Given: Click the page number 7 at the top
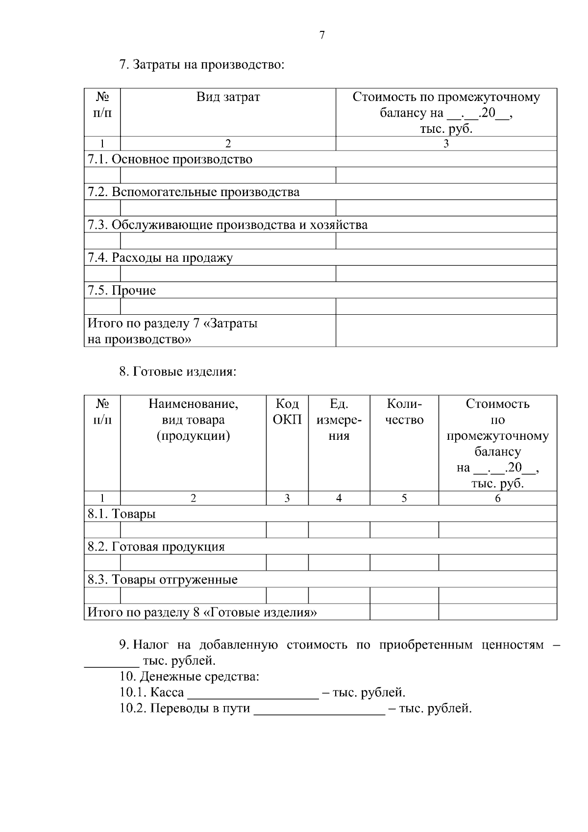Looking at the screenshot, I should click(322, 35).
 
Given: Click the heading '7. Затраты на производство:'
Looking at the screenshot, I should click(202, 65).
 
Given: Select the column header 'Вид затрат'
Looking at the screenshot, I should click(228, 97).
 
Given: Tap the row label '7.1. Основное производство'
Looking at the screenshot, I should click(170, 159).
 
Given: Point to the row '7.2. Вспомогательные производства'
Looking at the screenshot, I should click(193, 192).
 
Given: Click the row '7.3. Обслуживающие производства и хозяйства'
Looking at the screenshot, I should click(227, 225).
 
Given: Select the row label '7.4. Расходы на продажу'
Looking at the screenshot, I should click(160, 258).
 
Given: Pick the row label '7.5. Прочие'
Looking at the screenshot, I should click(122, 291).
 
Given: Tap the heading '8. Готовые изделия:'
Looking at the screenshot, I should click(178, 372).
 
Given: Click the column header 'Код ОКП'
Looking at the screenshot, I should click(287, 412).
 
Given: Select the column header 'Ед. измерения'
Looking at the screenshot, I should click(339, 420).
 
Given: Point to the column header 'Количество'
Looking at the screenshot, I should click(404, 412).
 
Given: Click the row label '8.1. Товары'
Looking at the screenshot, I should click(122, 514).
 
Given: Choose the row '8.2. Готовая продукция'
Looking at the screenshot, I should click(156, 547).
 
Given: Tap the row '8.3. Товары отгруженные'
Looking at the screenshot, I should click(162, 580).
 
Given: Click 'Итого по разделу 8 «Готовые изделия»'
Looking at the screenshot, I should click(202, 613).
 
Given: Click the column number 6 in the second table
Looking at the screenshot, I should click(497, 499).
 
